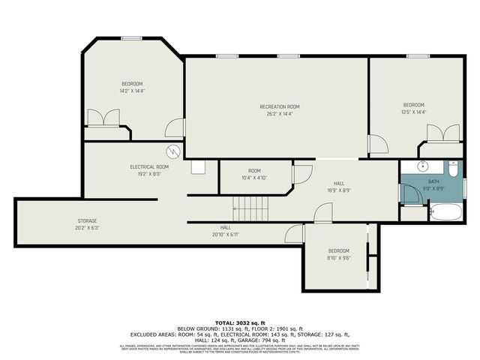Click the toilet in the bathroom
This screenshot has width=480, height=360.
[x=454, y=170]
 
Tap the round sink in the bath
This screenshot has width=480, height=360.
[x=422, y=166]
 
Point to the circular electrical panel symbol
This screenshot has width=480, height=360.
[x=173, y=151]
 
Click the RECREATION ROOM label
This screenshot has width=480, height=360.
[x=280, y=106]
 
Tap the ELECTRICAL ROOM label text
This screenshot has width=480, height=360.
[x=149, y=166]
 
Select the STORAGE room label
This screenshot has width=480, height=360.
[x=87, y=221]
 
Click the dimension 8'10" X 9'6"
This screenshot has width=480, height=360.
[x=338, y=258]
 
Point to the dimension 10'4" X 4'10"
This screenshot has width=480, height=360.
[x=255, y=178]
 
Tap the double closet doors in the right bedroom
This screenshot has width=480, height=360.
[x=443, y=133]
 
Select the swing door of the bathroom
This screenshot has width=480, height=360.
[x=409, y=193]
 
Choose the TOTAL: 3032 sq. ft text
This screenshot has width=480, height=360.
[x=240, y=322]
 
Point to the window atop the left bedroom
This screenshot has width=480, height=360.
[x=132, y=38]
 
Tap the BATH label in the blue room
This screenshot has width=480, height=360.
[x=434, y=181]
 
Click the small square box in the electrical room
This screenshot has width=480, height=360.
[x=198, y=167]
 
